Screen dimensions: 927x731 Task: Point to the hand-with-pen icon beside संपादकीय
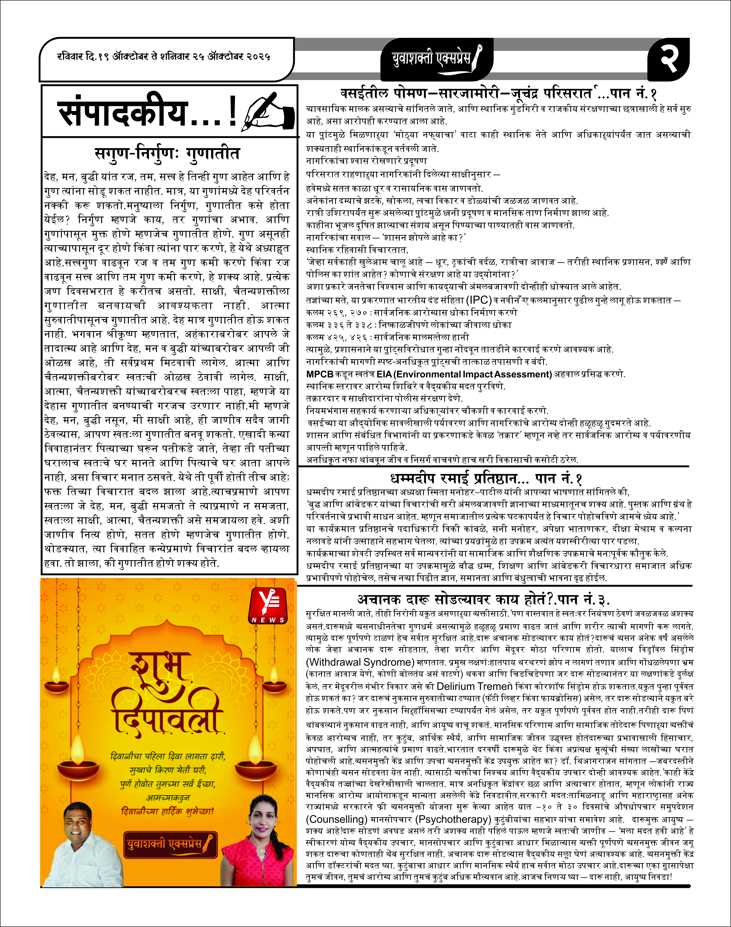(x=268, y=112)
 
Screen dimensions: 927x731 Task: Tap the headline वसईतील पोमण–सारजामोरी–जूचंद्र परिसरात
(x=467, y=93)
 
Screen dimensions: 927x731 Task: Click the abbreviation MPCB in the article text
(x=320, y=374)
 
